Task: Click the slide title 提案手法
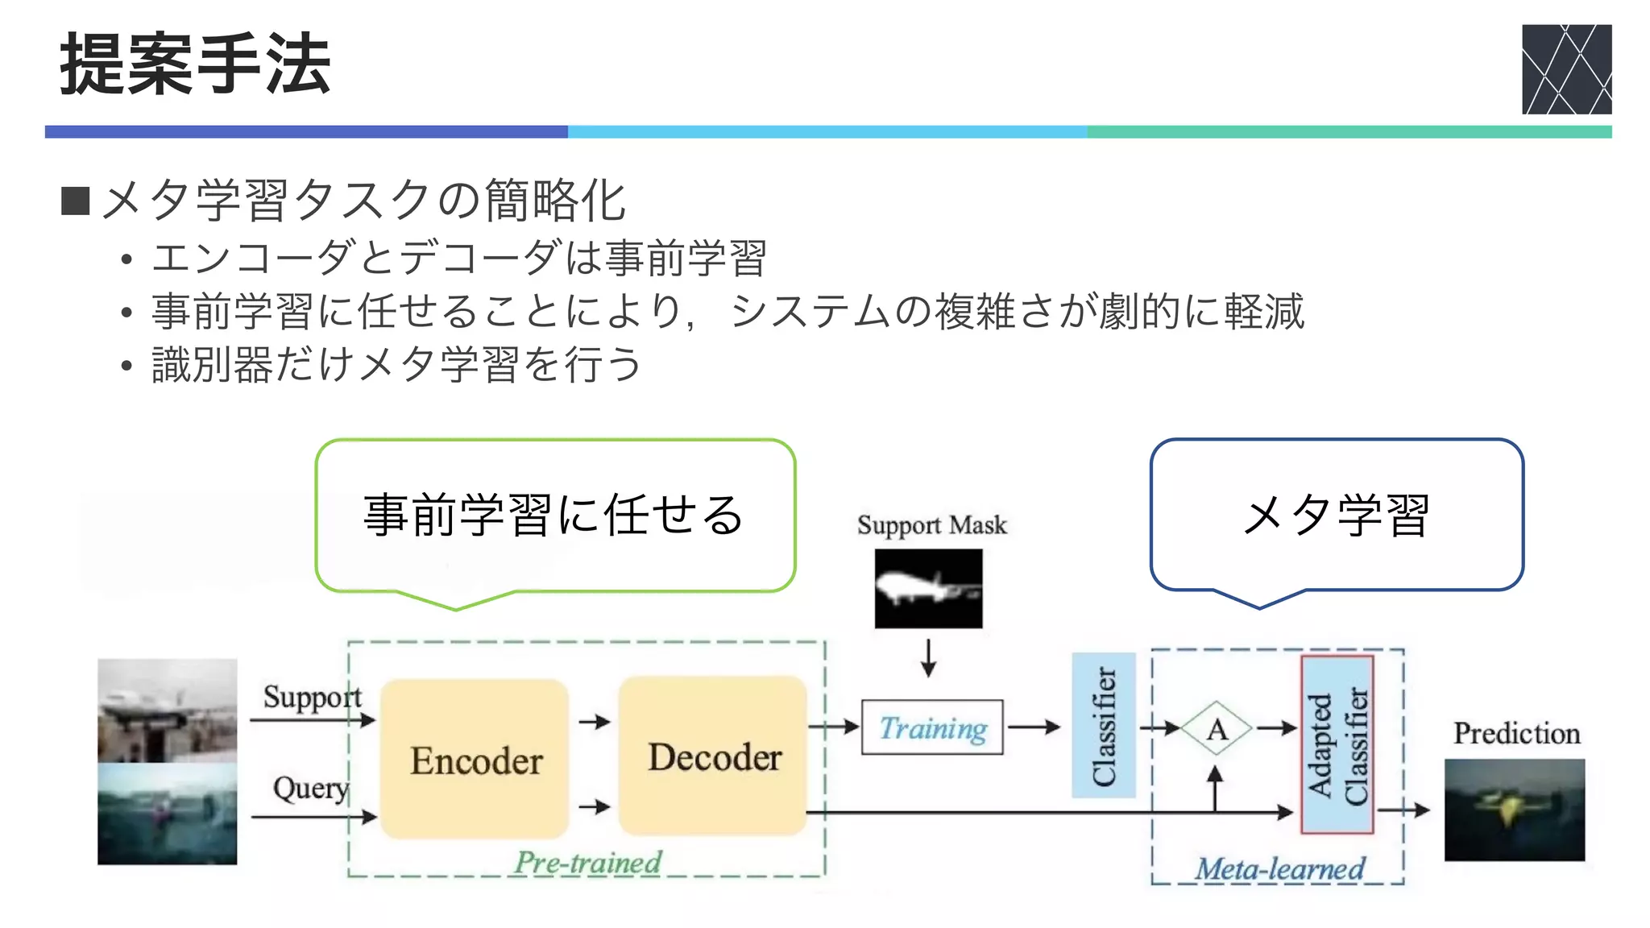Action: pyautogui.click(x=195, y=64)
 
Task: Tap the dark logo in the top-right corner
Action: pyautogui.click(x=1565, y=69)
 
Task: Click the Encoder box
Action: pyautogui.click(x=475, y=759)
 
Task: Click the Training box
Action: pyautogui.click(x=932, y=727)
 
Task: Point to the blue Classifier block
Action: pyautogui.click(x=1103, y=725)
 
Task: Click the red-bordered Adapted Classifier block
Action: pyautogui.click(x=1337, y=744)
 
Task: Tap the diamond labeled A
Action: pyautogui.click(x=1217, y=729)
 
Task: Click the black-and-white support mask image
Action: pyautogui.click(x=928, y=588)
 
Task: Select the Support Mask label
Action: pyautogui.click(x=931, y=525)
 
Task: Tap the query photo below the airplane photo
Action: pyautogui.click(x=168, y=814)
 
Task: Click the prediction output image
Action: pyautogui.click(x=1514, y=810)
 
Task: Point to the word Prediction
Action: pyautogui.click(x=1516, y=733)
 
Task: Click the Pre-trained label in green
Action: pyautogui.click(x=588, y=863)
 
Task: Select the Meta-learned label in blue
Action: pyautogui.click(x=1279, y=868)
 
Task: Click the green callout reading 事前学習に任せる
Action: pyautogui.click(x=554, y=516)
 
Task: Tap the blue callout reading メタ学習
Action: pyautogui.click(x=1336, y=516)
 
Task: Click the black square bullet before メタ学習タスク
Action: pyautogui.click(x=76, y=201)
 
